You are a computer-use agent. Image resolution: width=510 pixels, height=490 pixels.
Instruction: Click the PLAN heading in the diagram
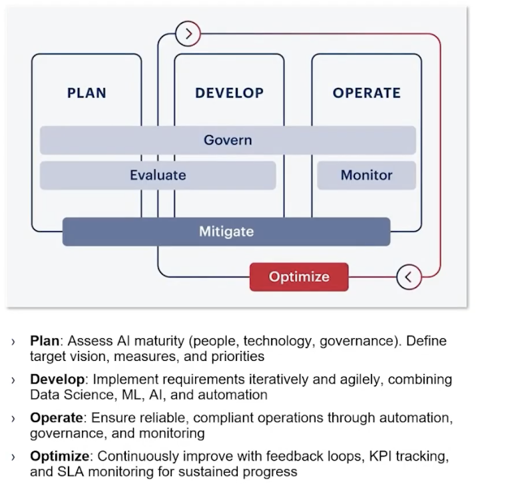point(87,93)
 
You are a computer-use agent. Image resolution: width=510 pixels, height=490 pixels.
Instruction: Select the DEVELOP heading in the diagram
point(229,93)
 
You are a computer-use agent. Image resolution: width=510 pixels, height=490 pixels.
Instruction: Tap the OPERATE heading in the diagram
point(366,93)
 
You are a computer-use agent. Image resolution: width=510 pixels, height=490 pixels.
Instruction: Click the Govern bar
point(228,140)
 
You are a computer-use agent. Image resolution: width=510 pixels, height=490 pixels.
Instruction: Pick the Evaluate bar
point(158,175)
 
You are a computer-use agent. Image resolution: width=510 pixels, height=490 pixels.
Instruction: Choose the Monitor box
point(366,175)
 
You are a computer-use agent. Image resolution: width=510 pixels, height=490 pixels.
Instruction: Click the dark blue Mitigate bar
point(226,232)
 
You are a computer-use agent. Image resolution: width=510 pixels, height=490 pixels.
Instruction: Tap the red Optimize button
point(299,277)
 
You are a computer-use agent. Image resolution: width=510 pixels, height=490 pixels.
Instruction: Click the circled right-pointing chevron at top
point(188,33)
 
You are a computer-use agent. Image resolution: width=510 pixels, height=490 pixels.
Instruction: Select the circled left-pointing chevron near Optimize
point(409,277)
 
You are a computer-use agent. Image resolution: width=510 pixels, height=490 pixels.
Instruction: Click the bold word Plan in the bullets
point(45,341)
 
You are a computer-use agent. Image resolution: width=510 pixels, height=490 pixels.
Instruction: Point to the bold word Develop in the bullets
point(57,379)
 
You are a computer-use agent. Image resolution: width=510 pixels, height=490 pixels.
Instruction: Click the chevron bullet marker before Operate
point(13,419)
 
